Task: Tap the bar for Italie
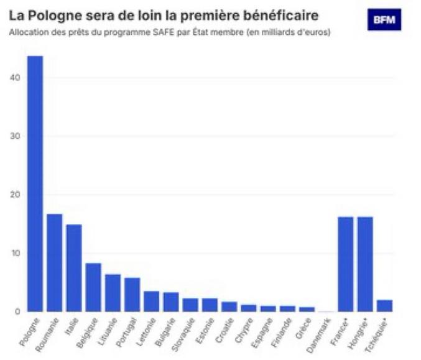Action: point(74,268)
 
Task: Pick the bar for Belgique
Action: point(93,287)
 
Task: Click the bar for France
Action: point(345,264)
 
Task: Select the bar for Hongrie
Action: point(365,264)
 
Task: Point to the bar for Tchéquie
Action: point(384,305)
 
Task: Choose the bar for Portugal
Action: point(132,294)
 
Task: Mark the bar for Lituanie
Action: point(113,293)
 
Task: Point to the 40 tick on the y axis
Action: point(16,78)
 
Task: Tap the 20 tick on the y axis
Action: point(16,195)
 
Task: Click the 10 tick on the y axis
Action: point(16,253)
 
